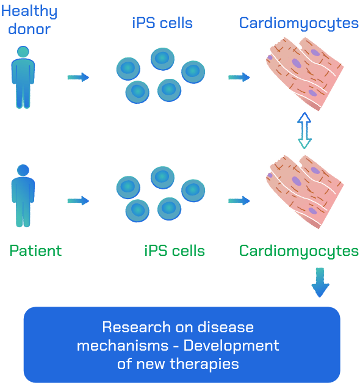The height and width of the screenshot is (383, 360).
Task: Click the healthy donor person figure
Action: [x=23, y=77]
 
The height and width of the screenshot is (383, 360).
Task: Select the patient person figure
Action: [x=23, y=196]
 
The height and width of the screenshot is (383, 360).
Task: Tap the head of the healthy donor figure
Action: [x=23, y=51]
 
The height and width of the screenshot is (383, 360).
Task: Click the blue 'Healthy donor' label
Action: [x=29, y=20]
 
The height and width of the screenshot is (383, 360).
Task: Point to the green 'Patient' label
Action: [x=35, y=250]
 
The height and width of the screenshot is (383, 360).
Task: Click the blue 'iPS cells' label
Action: [x=162, y=23]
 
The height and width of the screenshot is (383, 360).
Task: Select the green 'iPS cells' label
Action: [x=175, y=251]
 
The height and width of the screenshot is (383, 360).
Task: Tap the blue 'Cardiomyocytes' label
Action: [x=299, y=24]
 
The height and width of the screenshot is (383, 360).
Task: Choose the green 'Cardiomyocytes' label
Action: [x=299, y=251]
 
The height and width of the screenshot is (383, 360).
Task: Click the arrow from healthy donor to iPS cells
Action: [x=78, y=77]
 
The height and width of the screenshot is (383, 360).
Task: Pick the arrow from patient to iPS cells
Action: [x=78, y=200]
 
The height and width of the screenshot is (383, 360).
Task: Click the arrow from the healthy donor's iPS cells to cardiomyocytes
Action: [x=239, y=77]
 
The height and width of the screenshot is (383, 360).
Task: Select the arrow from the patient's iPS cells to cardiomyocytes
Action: [x=239, y=200]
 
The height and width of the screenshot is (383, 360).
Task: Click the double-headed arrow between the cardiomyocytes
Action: [x=304, y=131]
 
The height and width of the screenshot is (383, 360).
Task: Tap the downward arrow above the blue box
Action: [x=320, y=282]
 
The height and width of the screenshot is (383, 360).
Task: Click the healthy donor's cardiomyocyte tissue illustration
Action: [x=305, y=73]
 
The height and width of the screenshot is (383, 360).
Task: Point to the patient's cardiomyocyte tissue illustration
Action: [x=305, y=192]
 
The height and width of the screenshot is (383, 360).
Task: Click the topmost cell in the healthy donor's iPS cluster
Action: [x=162, y=59]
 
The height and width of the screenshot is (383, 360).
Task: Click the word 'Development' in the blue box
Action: [x=231, y=346]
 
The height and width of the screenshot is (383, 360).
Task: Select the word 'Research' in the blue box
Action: [x=137, y=327]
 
